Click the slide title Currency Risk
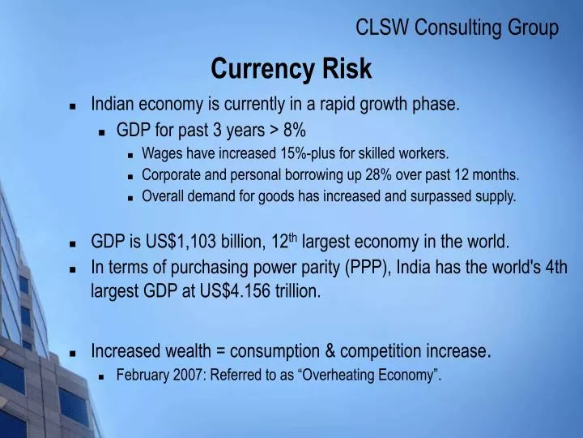(291, 69)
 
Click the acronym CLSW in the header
(383, 28)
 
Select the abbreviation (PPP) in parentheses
(369, 268)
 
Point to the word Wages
(160, 152)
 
